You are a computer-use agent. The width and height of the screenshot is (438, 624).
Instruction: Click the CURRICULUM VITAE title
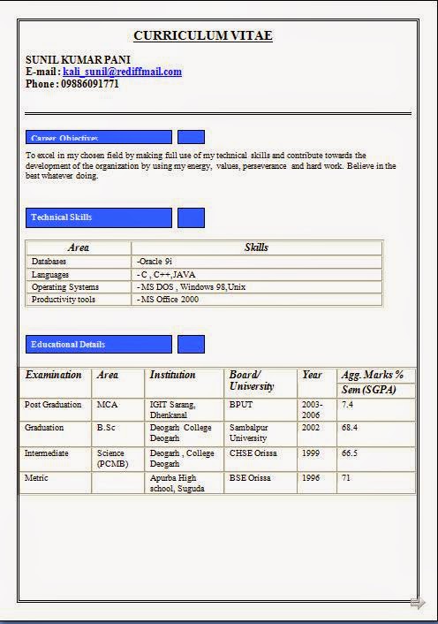tap(202, 35)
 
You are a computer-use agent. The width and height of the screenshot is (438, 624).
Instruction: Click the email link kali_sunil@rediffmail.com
tap(122, 72)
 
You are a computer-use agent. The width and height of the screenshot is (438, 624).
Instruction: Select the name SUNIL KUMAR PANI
tap(78, 59)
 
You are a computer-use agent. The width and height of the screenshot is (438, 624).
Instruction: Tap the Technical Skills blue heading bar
tap(99, 217)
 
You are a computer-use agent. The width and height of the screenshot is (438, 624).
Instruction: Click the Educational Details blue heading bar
tap(99, 345)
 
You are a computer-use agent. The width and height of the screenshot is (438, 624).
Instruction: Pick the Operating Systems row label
tap(65, 287)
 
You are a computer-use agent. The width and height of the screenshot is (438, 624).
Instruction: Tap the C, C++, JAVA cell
tap(166, 275)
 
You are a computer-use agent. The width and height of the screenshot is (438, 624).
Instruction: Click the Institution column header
tap(172, 375)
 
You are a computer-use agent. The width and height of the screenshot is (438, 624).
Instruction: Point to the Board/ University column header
tap(252, 380)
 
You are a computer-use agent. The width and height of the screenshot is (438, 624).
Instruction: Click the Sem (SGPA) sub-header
tap(368, 390)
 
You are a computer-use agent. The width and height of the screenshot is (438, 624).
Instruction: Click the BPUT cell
tap(241, 404)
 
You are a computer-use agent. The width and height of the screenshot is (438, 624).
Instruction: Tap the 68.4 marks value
tap(350, 427)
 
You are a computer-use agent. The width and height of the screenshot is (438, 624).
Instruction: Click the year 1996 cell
tap(312, 478)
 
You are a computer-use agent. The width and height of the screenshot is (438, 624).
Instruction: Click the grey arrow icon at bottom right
tap(418, 604)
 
